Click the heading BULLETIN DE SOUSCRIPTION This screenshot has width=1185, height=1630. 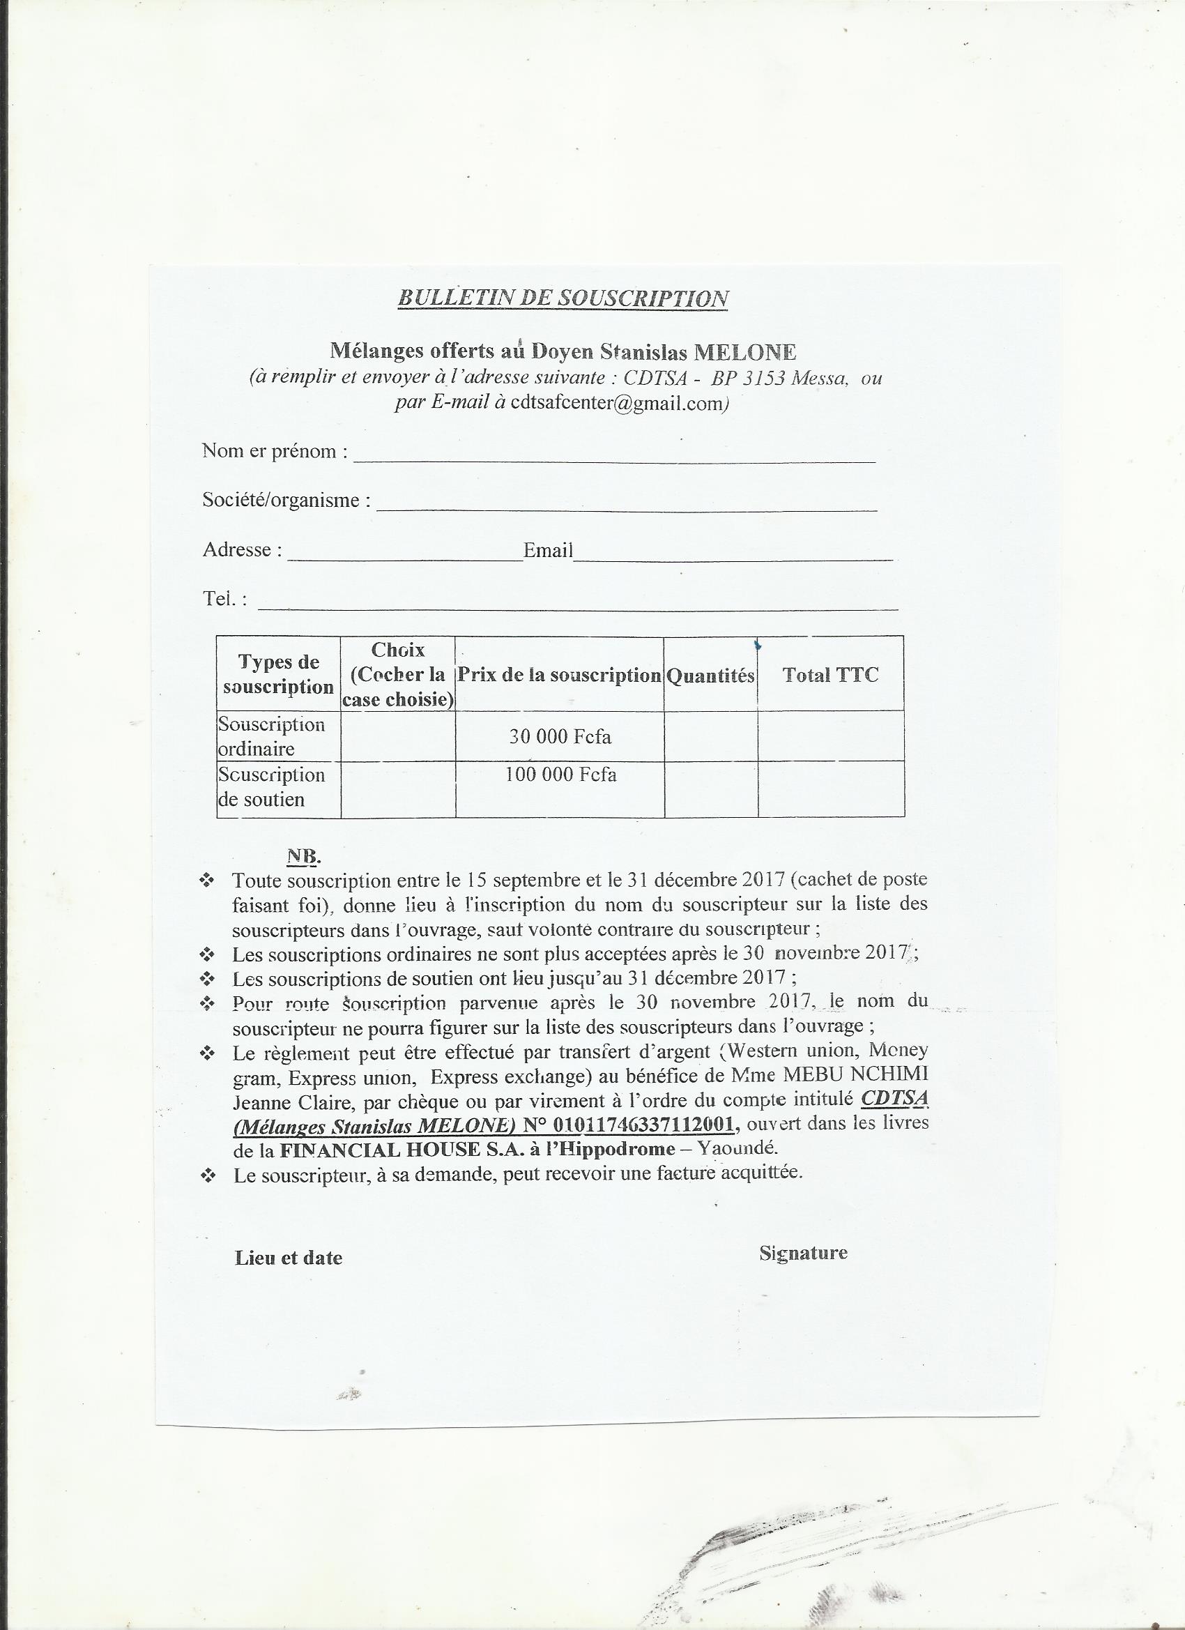pyautogui.click(x=563, y=298)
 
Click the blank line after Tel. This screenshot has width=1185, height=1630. pyautogui.click(x=578, y=603)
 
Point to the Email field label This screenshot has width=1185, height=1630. pyautogui.click(x=548, y=551)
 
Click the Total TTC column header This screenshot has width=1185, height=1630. pyautogui.click(x=830, y=675)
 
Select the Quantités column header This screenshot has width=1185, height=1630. pyautogui.click(x=711, y=676)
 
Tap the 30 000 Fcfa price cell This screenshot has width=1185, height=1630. pyautogui.click(x=560, y=737)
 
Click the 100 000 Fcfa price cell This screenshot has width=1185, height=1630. pyautogui.click(x=560, y=775)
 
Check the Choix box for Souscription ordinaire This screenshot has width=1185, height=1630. pyautogui.click(x=398, y=737)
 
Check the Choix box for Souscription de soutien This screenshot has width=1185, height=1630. pyautogui.click(x=398, y=789)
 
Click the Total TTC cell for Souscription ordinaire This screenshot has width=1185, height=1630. pyautogui.click(x=831, y=737)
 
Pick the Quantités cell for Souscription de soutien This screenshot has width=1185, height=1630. pyautogui.click(x=711, y=789)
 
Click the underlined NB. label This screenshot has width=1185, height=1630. pyautogui.click(x=303, y=856)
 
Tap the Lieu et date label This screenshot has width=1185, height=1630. pyautogui.click(x=288, y=1258)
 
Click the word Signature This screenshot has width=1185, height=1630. pyautogui.click(x=803, y=1253)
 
